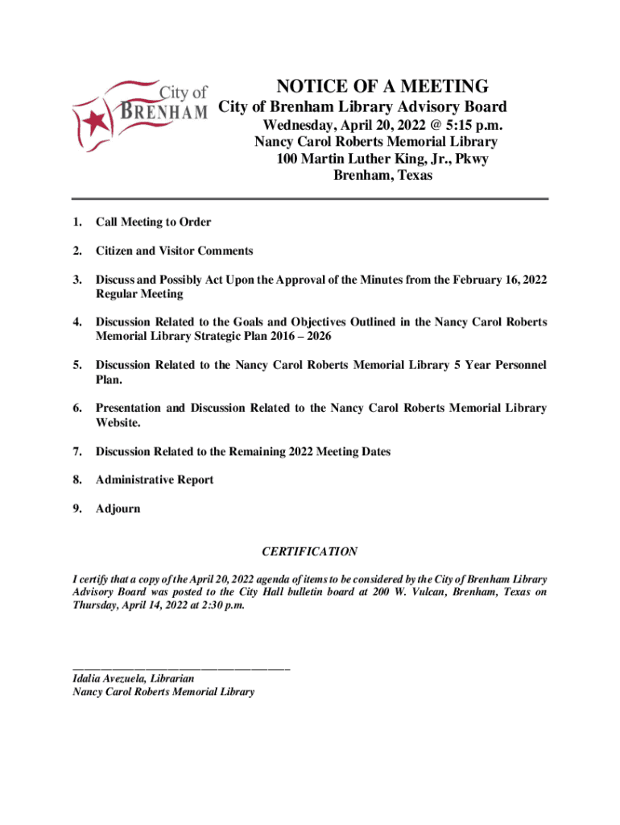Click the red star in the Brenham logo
(97, 123)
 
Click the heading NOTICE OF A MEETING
(382, 87)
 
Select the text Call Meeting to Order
(153, 222)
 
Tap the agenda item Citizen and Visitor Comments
(174, 251)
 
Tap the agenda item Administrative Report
(155, 480)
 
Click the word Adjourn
(118, 508)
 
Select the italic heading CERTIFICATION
(309, 552)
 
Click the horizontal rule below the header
(309, 198)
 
